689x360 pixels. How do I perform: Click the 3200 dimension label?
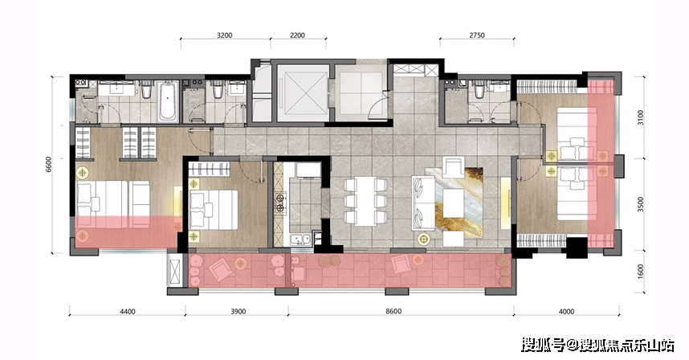coord(225,35)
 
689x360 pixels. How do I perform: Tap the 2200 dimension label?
coord(297,35)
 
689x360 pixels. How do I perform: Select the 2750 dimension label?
coord(477,35)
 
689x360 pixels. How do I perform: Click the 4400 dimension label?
coord(128,312)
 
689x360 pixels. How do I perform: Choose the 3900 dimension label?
coord(238,312)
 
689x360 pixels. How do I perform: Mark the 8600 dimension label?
coord(393,312)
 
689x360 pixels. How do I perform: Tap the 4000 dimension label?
coord(566,312)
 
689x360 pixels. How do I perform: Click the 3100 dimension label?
coord(641,117)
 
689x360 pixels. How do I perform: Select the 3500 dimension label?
coord(641,205)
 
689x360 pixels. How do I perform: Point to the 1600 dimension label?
coord(641,272)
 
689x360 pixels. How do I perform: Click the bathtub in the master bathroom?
coord(169,101)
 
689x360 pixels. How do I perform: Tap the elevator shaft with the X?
coord(302,92)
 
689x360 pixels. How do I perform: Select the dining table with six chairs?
coord(365,201)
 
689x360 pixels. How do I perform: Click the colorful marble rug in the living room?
coord(459,202)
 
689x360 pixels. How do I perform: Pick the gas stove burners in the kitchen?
coord(280,202)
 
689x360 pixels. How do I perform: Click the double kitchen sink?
coord(301,241)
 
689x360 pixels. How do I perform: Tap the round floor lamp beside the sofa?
coord(423,239)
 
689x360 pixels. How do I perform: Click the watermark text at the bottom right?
coord(597,345)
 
